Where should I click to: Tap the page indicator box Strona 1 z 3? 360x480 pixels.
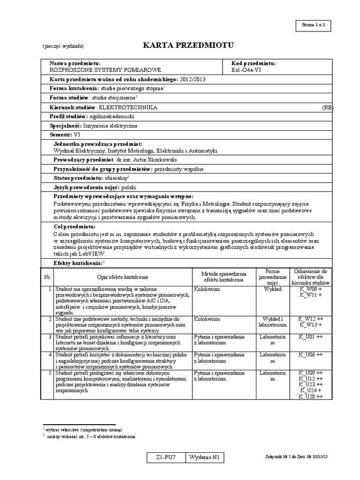click(x=320, y=25)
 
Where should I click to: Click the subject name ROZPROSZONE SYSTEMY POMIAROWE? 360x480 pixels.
click(x=105, y=70)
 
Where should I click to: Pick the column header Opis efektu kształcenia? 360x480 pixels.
click(x=123, y=277)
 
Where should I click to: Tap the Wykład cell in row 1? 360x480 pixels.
click(x=272, y=290)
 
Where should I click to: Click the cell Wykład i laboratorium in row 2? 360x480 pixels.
click(x=272, y=322)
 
